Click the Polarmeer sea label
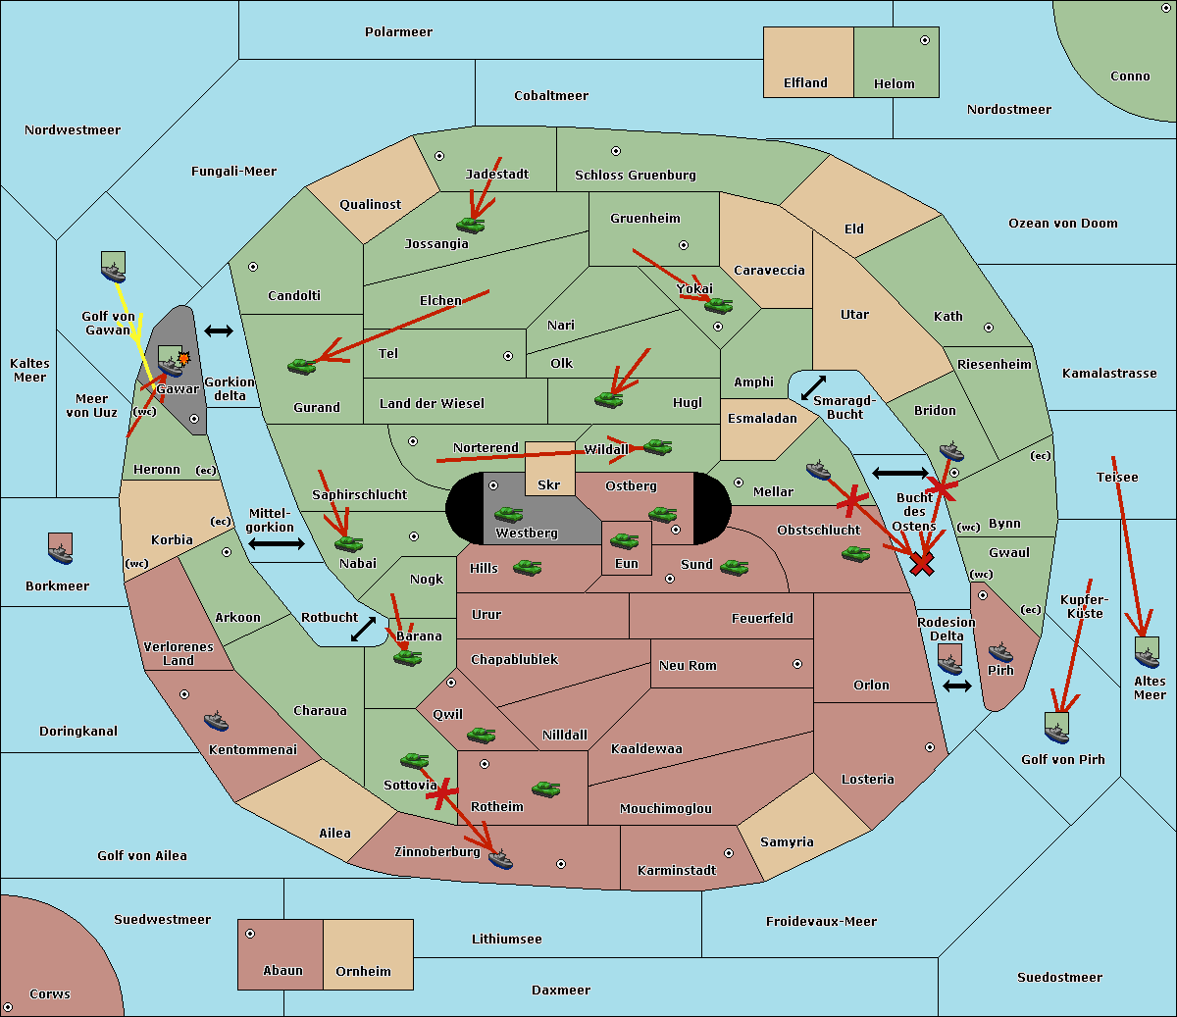point(398,32)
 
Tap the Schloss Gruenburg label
point(636,175)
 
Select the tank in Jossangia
point(471,225)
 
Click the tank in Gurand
point(302,366)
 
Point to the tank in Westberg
point(508,514)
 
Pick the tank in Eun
point(624,540)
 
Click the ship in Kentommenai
point(216,721)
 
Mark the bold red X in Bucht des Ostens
point(922,564)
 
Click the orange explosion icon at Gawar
point(183,358)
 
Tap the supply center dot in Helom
point(925,40)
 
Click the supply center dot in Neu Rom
point(797,664)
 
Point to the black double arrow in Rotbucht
point(363,629)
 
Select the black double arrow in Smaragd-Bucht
point(813,387)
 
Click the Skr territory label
point(548,484)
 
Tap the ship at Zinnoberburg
point(500,859)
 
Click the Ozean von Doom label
point(1062,224)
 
